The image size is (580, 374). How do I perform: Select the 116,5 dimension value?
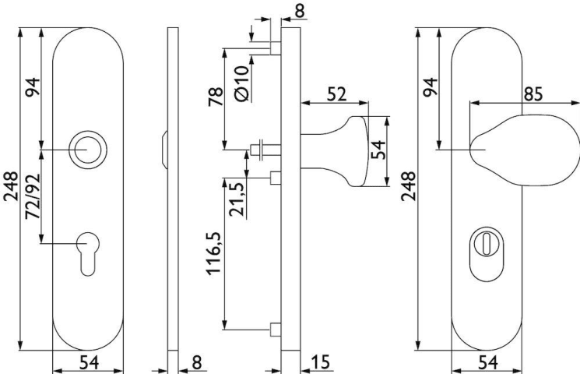(x=214, y=254)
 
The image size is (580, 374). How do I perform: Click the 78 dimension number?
(x=216, y=97)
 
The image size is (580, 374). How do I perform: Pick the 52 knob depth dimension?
(x=337, y=94)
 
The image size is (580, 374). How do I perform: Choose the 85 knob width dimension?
(x=533, y=94)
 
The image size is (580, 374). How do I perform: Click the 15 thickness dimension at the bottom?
(x=320, y=362)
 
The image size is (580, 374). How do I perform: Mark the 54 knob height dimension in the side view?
(x=378, y=150)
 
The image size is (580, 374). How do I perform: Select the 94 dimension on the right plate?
(x=431, y=87)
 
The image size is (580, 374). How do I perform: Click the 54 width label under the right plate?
(x=488, y=362)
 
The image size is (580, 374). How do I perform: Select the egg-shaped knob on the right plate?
(x=526, y=150)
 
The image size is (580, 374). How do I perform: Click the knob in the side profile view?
(x=335, y=151)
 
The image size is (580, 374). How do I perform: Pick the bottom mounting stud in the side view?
(x=276, y=330)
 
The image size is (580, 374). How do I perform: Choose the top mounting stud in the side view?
(x=276, y=48)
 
